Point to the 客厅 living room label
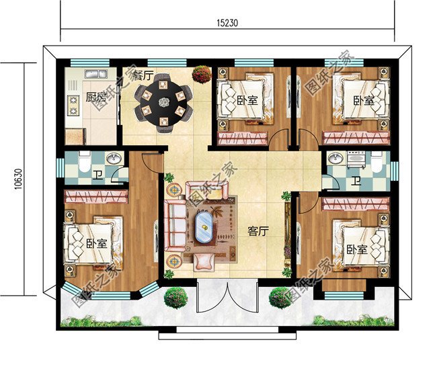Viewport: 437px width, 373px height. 258,231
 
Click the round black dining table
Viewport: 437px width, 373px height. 162,102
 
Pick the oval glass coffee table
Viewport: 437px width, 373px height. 204,226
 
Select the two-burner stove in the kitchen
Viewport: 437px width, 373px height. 73,103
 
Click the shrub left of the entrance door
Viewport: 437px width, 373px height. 175,296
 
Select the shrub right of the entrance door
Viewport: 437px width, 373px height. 280,296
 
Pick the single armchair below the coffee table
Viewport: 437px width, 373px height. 204,259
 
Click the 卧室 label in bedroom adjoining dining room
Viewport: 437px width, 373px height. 247,101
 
